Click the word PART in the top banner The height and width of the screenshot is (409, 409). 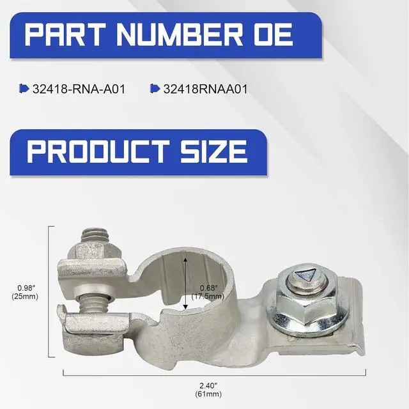tap(65, 34)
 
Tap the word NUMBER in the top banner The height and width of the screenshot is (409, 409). tap(179, 34)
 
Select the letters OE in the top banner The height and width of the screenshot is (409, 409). tap(273, 34)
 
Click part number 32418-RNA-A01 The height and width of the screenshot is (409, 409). tap(79, 89)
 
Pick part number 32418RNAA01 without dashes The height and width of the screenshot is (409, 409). tap(205, 89)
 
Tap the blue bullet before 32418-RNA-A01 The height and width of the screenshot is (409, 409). tap(24, 89)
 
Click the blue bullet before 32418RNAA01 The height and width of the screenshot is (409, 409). tap(155, 89)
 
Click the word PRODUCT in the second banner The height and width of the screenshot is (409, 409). tap(98, 151)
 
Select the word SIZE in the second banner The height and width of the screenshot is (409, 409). tap(213, 151)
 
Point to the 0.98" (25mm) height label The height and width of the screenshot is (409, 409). tap(25, 292)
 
